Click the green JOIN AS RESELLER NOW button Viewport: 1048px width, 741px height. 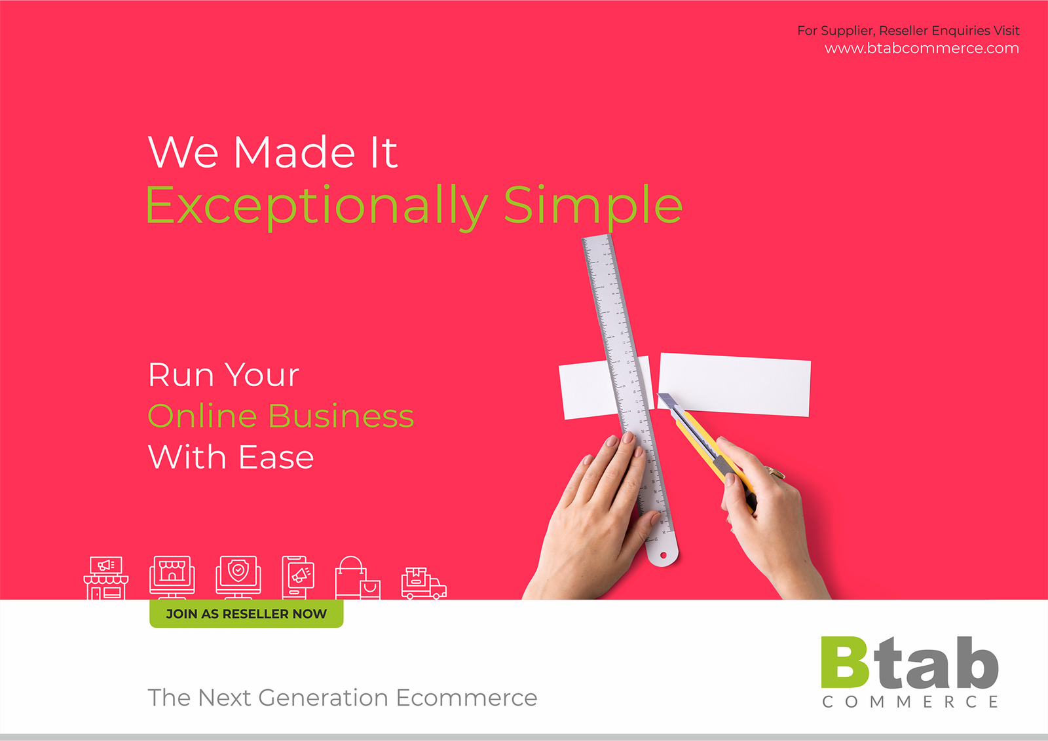(x=246, y=613)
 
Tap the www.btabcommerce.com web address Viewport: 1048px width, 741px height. (x=922, y=48)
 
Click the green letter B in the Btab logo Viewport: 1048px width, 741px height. (x=845, y=662)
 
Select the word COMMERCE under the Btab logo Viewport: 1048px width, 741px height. (x=910, y=702)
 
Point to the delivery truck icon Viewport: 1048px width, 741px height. (x=424, y=583)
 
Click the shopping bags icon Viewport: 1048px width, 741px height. (x=358, y=578)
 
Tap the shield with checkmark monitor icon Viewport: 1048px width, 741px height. (x=238, y=577)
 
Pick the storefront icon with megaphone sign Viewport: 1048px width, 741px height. (x=105, y=578)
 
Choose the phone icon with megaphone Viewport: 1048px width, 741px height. (x=298, y=577)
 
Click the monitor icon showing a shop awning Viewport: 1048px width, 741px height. (x=172, y=577)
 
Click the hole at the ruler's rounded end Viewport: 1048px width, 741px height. (x=663, y=555)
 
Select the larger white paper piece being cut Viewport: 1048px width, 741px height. (x=734, y=384)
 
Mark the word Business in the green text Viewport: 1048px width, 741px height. (x=341, y=416)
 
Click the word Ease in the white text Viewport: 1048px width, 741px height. (x=276, y=457)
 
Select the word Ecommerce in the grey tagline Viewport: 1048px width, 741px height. (x=466, y=698)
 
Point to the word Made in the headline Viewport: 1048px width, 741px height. (x=294, y=152)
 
